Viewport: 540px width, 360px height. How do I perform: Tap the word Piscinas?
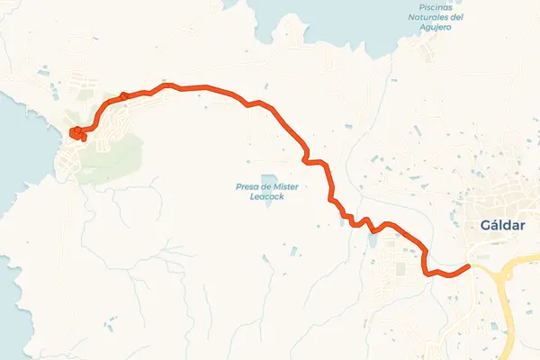coord(422,5)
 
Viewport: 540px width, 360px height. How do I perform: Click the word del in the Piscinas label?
coord(456,16)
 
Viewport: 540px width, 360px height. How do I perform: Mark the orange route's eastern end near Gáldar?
coord(468,266)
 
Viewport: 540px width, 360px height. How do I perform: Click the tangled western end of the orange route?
coord(76,134)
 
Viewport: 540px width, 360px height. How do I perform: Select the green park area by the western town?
coord(112,153)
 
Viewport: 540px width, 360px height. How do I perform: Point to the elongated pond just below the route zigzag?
coord(371,241)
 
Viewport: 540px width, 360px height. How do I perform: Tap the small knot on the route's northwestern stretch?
coord(123,96)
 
